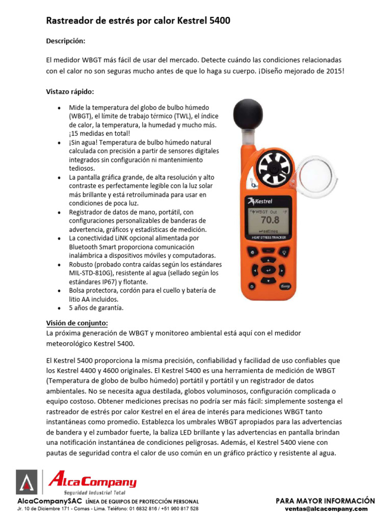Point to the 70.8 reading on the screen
[x=270, y=221]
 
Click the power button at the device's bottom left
[x=252, y=252]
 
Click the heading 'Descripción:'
[x=66, y=40]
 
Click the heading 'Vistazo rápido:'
[x=70, y=91]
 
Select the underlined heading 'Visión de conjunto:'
[x=77, y=323]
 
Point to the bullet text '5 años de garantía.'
[x=96, y=308]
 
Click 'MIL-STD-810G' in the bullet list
[x=92, y=273]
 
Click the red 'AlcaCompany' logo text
[x=92, y=482]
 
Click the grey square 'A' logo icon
[x=27, y=483]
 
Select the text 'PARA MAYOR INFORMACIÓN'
[x=325, y=501]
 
